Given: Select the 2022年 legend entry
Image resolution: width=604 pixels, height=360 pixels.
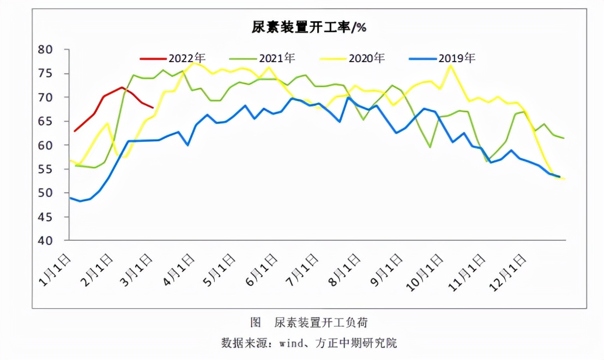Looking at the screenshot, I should pos(173,58).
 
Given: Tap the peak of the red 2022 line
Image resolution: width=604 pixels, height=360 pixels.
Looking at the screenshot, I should pos(122,87).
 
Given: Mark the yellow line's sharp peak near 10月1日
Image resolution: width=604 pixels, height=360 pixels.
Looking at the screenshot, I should pos(450,65).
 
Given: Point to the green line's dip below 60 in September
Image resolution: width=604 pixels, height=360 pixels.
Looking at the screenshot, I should pos(430,147).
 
